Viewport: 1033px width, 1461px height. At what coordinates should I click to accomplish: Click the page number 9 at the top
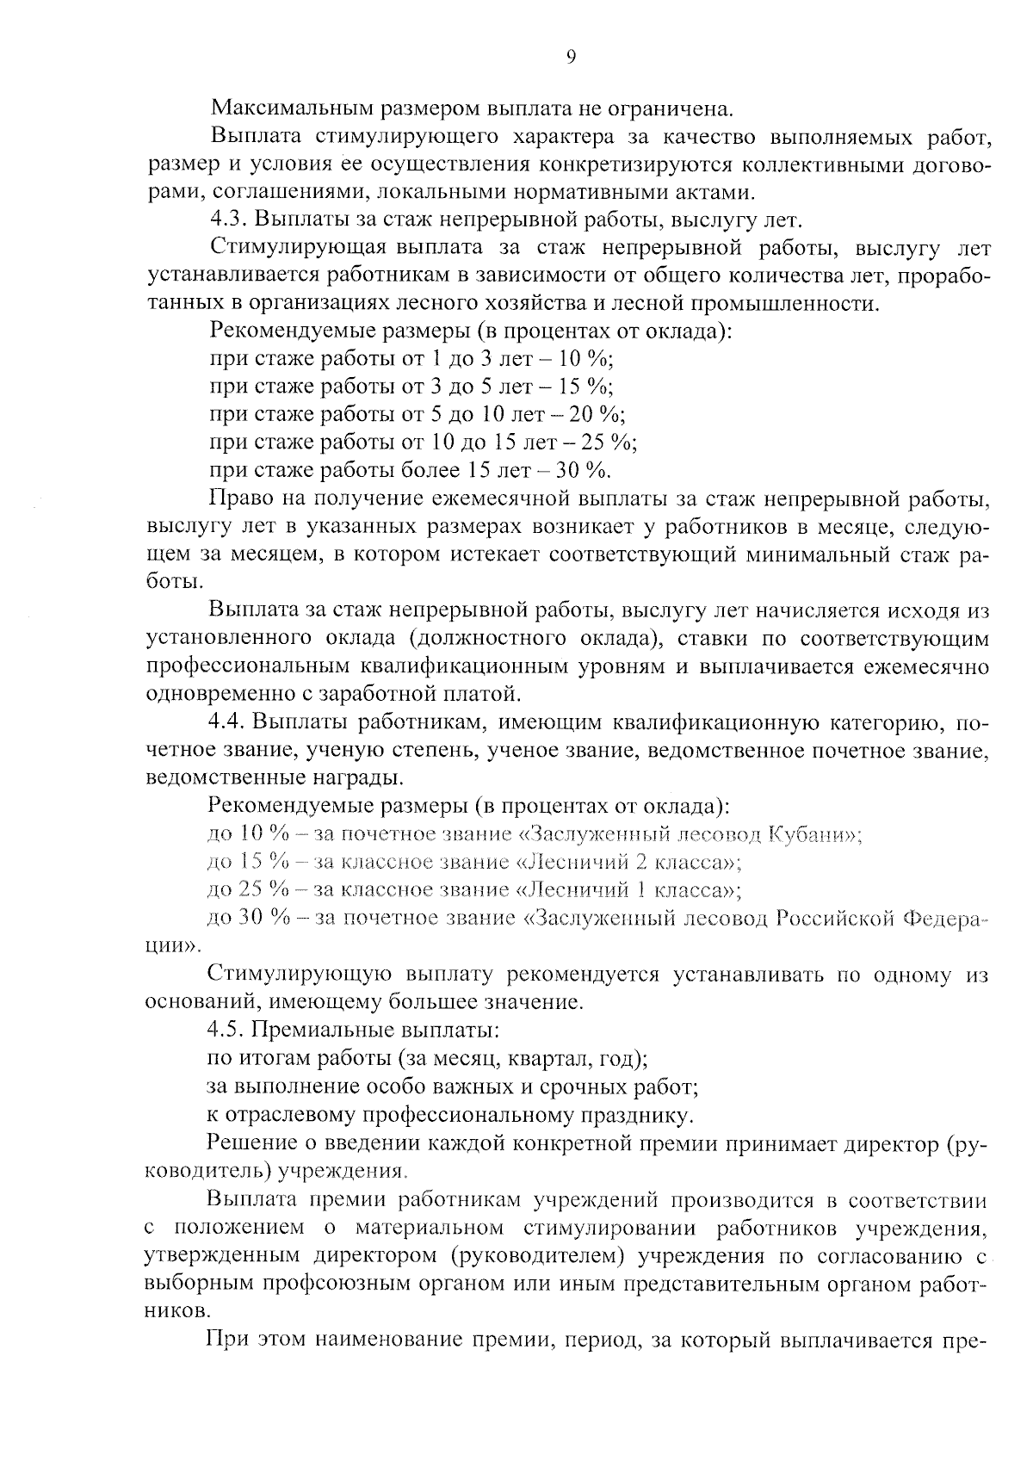point(571,58)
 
